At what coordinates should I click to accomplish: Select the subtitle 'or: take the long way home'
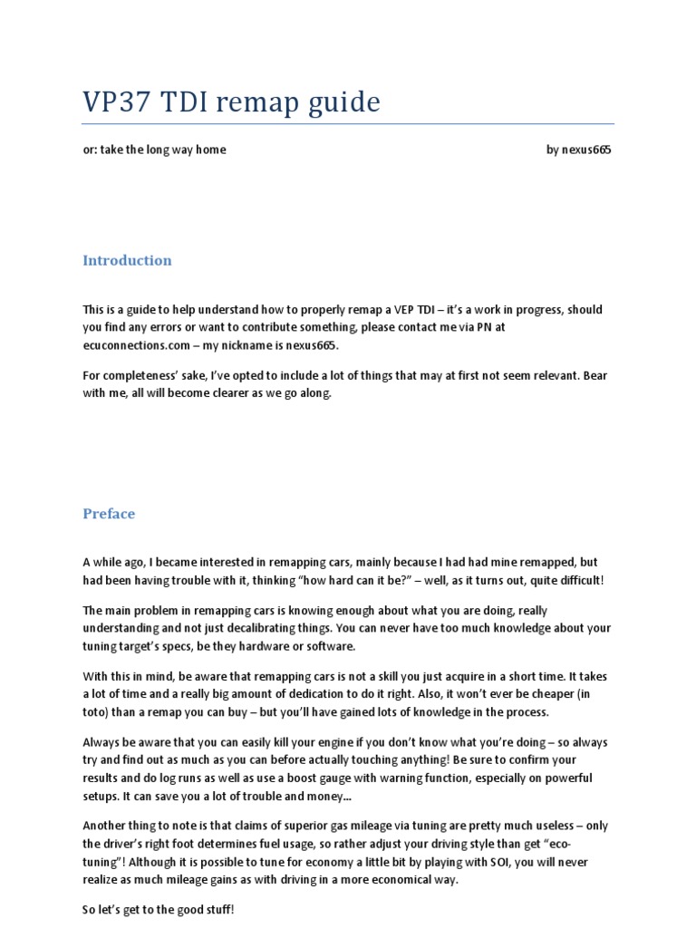pos(154,150)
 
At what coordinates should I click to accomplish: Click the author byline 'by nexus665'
pos(578,150)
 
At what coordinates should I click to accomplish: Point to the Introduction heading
pos(127,261)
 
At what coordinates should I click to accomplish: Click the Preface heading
pos(109,514)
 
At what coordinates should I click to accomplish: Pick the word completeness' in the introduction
pos(136,376)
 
